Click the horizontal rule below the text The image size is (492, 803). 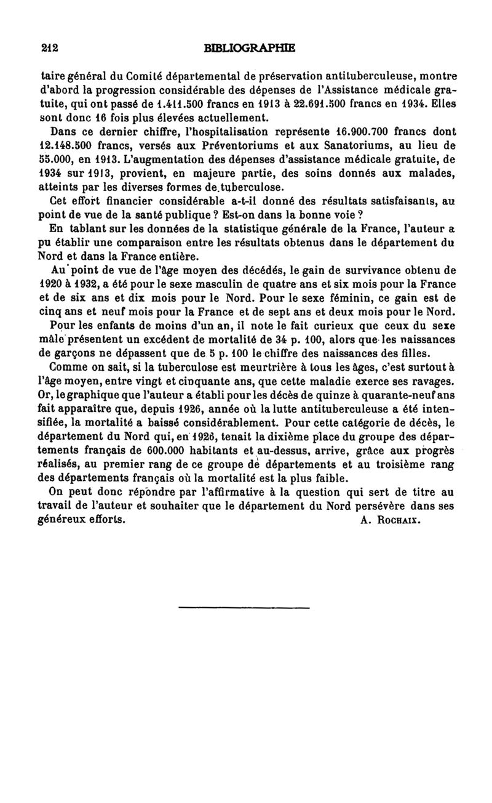point(244,608)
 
